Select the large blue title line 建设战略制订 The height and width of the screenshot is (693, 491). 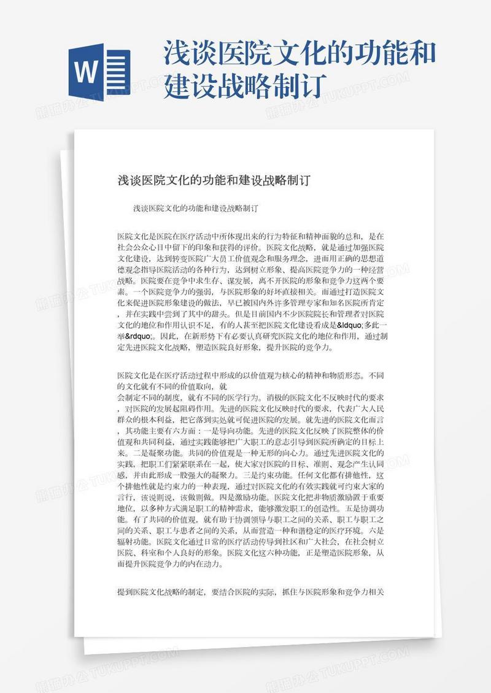(244, 86)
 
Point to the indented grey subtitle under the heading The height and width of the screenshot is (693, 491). (195, 208)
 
